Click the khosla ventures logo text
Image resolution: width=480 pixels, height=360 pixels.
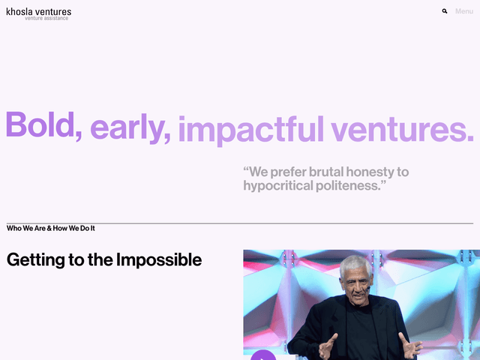pyautogui.click(x=39, y=11)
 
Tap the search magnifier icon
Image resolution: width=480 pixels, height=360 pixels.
pyautogui.click(x=445, y=11)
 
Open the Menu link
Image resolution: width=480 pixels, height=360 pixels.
pyautogui.click(x=463, y=11)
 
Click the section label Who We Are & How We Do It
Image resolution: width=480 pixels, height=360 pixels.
pyautogui.click(x=51, y=228)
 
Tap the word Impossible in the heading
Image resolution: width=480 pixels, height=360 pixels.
pyautogui.click(x=159, y=260)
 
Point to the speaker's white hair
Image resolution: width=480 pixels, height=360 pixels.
pyautogui.click(x=356, y=262)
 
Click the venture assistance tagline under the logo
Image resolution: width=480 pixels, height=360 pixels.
pyautogui.click(x=46, y=19)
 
